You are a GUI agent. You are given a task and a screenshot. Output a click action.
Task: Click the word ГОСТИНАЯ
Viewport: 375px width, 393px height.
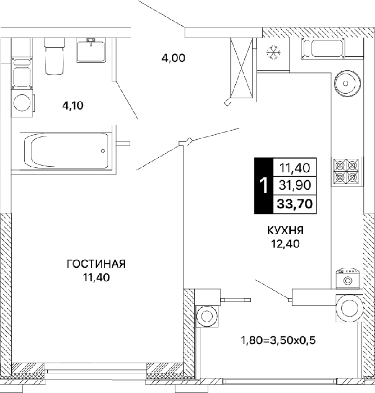click(x=96, y=264)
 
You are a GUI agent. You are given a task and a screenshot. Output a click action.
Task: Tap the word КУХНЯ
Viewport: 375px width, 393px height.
click(x=286, y=230)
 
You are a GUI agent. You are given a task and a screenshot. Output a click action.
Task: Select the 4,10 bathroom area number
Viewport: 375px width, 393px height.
click(x=73, y=106)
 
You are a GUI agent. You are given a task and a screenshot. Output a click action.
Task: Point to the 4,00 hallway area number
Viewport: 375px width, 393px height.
click(x=173, y=58)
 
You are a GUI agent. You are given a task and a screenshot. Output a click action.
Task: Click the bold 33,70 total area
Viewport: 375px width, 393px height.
click(x=295, y=204)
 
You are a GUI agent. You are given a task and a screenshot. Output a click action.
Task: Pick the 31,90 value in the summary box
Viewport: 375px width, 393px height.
click(x=295, y=185)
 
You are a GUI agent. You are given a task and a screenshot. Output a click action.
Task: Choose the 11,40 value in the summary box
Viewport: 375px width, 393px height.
click(x=295, y=168)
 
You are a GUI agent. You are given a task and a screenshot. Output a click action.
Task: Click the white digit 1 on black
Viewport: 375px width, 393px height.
click(x=263, y=185)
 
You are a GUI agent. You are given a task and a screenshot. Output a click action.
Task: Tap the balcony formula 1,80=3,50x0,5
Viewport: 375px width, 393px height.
click(x=278, y=340)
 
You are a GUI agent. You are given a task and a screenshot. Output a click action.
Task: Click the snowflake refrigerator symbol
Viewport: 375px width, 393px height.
click(x=273, y=52)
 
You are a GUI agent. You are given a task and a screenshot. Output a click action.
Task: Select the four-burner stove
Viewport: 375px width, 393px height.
click(x=347, y=171)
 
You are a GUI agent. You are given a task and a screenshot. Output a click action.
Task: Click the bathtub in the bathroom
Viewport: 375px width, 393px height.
click(x=66, y=151)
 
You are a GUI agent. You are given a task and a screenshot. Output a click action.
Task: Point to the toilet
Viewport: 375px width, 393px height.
click(x=54, y=56)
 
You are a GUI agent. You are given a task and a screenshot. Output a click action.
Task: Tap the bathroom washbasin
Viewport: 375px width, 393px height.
click(x=91, y=51)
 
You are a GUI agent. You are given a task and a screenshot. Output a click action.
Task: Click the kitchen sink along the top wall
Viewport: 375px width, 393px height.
click(x=322, y=48)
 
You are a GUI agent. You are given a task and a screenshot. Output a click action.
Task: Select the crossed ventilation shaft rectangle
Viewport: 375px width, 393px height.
click(x=241, y=68)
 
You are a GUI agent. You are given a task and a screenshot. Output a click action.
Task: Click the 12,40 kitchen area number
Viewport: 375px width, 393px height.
click(x=286, y=244)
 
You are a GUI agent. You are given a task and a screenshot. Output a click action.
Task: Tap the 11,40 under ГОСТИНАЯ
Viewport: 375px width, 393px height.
click(x=97, y=278)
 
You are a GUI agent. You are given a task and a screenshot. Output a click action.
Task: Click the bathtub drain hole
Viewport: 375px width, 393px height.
click(x=103, y=151)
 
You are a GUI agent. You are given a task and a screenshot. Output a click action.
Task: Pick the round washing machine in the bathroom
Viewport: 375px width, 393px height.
click(x=22, y=103)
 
